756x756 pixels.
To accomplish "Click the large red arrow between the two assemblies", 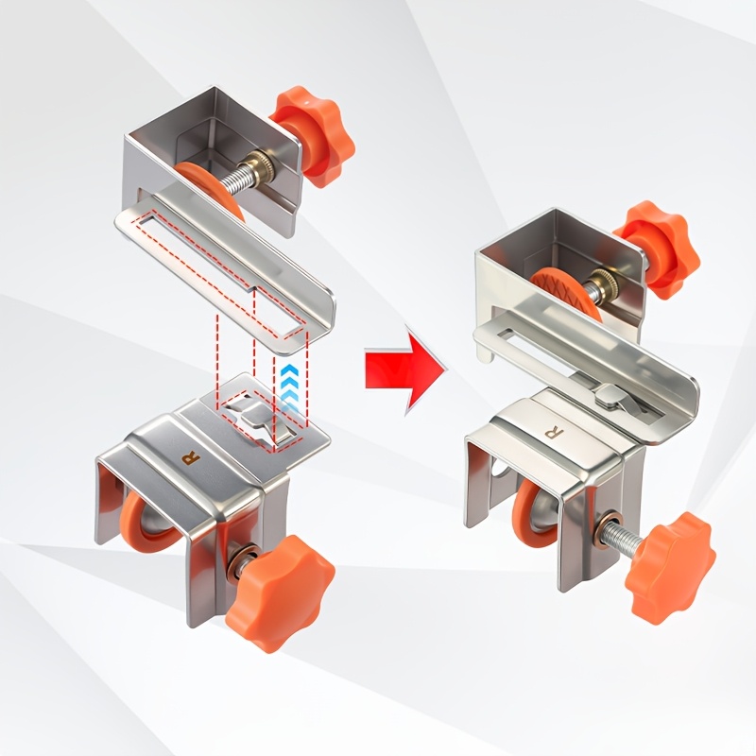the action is click(404, 369).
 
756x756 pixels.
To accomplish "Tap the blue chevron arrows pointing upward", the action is click(291, 387).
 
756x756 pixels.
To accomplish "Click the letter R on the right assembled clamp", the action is click(551, 432).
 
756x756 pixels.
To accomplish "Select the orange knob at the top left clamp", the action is click(313, 136).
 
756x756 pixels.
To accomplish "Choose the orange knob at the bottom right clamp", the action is click(671, 568).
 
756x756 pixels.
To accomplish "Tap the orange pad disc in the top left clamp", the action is click(212, 190).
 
